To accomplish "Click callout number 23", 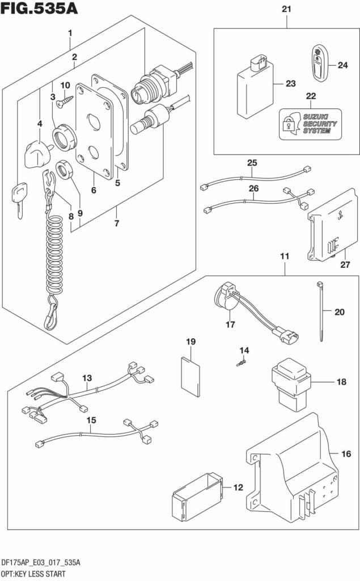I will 290,83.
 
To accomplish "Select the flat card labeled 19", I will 190,375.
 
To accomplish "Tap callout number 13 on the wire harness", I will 86,378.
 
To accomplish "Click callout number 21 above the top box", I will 286,9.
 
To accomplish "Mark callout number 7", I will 117,223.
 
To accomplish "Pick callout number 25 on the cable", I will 252,163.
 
